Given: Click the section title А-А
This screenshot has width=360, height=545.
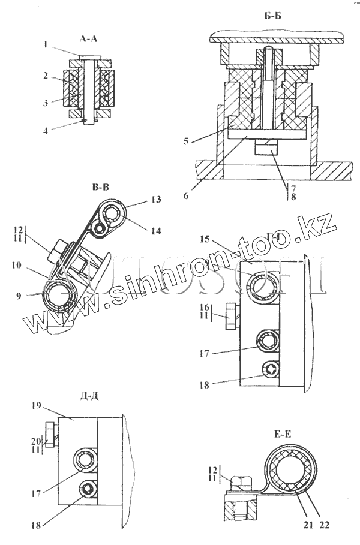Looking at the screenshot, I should click(88, 39).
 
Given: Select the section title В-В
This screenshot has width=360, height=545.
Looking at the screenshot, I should click(101, 188).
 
